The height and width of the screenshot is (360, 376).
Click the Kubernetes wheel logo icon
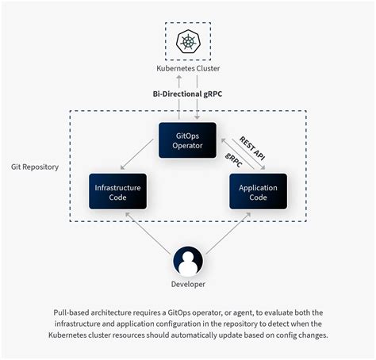(x=187, y=41)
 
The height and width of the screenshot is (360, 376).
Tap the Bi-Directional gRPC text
(x=188, y=94)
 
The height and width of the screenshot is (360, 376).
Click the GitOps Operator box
(x=187, y=140)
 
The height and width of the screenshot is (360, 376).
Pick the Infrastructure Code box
(x=117, y=191)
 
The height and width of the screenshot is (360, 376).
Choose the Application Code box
(x=258, y=191)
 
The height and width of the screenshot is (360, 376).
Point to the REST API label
(x=252, y=147)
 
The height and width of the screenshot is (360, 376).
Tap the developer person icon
(x=188, y=261)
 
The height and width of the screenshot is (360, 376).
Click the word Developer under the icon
(x=188, y=284)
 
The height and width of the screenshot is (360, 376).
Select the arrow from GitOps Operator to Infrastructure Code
(x=140, y=158)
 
